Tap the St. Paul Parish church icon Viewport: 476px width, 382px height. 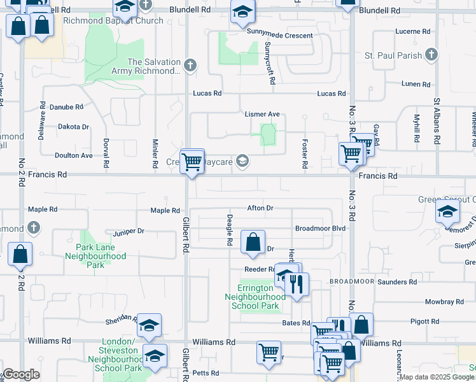431,55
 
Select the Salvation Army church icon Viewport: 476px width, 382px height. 190,65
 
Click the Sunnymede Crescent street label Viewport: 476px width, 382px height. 281,36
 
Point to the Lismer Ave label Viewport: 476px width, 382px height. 262,114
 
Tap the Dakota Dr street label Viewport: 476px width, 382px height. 73,127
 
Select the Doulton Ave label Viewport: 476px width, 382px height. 74,155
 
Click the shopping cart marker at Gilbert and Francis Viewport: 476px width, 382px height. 192,160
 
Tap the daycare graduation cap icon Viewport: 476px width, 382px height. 242,161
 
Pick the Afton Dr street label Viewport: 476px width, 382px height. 260,208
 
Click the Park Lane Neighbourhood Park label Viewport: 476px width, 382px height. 95,256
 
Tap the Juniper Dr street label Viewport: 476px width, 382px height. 128,232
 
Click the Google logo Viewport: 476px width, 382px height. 20,374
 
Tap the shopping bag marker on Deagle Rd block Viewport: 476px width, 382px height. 253,241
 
